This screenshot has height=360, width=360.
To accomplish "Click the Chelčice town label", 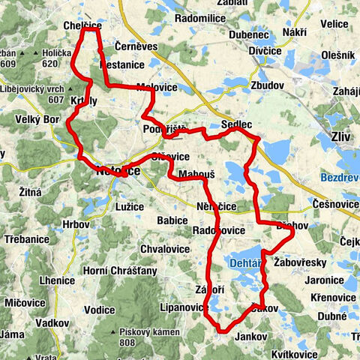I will [82, 25].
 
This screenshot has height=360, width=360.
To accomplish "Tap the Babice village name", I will [172, 220].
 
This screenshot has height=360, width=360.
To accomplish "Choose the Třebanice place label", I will [25, 238].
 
